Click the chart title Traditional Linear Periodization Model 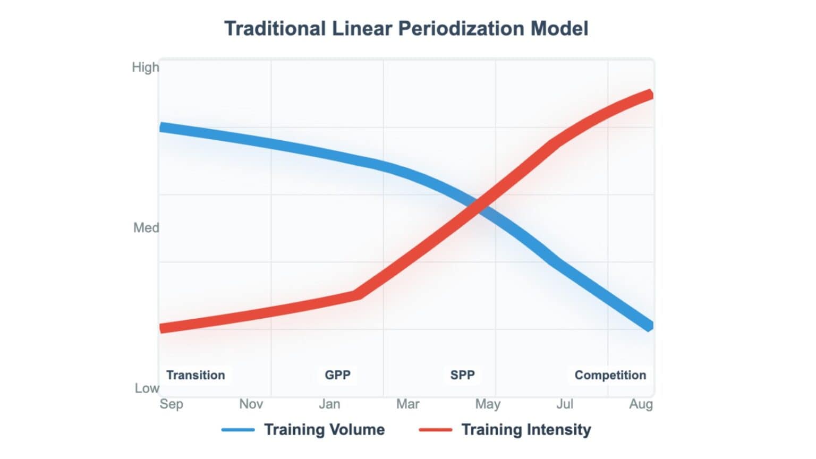point(406,29)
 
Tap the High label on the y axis point(145,67)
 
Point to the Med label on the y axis point(146,228)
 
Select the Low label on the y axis point(146,388)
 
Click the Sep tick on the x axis point(171,404)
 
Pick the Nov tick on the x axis point(251,404)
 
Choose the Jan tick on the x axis point(329,404)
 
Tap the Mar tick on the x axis point(407,404)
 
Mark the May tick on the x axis point(487,405)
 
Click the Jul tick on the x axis point(565,404)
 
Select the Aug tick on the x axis point(641,405)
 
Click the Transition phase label point(195,375)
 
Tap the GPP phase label point(337,375)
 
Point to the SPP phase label point(462,375)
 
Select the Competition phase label point(610,375)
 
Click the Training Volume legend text point(324,430)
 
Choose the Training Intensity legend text point(526,430)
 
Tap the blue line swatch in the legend point(238,430)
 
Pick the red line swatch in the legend point(436,430)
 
